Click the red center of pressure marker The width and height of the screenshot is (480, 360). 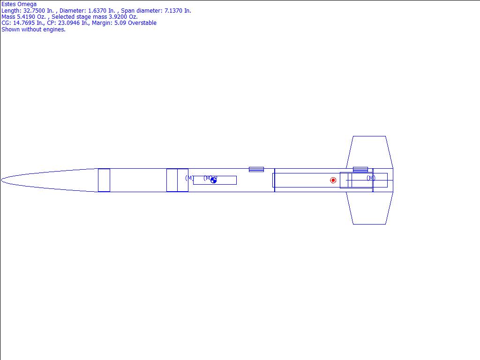click(333, 180)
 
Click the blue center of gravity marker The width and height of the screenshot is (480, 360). click(213, 180)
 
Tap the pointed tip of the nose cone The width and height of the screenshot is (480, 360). click(1, 180)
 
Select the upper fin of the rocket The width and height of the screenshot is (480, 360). click(369, 152)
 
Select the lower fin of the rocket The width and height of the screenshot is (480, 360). click(369, 208)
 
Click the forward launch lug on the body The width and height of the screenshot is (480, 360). click(256, 169)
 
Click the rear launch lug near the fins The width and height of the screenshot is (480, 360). click(360, 169)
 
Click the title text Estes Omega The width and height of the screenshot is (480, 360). click(19, 4)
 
